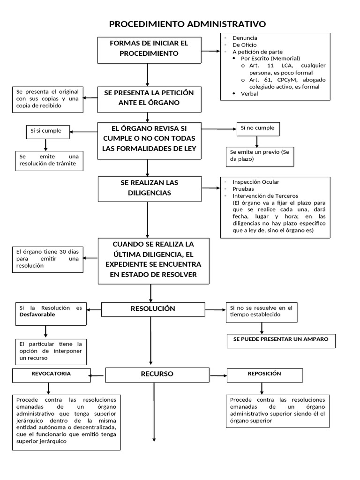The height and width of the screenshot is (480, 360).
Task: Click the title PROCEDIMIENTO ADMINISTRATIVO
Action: pyautogui.click(x=187, y=24)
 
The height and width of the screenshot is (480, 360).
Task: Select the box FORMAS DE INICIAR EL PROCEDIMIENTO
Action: pyautogui.click(x=149, y=48)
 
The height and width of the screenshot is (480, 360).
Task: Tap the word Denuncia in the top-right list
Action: pyautogui.click(x=245, y=37)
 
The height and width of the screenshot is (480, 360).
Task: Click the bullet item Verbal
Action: pyautogui.click(x=249, y=93)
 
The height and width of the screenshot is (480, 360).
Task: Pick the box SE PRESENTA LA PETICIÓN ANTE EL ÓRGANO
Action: pyautogui.click(x=149, y=97)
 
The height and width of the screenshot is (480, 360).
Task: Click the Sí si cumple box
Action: pyautogui.click(x=45, y=131)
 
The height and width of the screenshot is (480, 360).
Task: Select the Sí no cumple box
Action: pyautogui.click(x=256, y=128)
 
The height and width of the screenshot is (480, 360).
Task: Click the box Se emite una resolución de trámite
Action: pyautogui.click(x=48, y=160)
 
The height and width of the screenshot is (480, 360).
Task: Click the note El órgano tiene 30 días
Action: pyautogui.click(x=48, y=259)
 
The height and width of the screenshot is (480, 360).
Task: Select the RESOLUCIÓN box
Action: pyautogui.click(x=153, y=309)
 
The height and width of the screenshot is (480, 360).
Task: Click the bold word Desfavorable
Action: pyautogui.click(x=37, y=315)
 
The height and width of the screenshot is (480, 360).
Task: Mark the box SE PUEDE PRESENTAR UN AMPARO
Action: pyautogui.click(x=281, y=339)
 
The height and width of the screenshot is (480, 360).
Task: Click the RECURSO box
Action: pyautogui.click(x=157, y=374)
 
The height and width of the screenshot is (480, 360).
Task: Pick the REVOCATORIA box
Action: pyautogui.click(x=51, y=374)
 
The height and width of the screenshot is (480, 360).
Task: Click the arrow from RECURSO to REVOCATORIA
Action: pyautogui.click(x=97, y=375)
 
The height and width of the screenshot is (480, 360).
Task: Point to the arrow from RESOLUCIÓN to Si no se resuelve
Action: pyautogui.click(x=215, y=309)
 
